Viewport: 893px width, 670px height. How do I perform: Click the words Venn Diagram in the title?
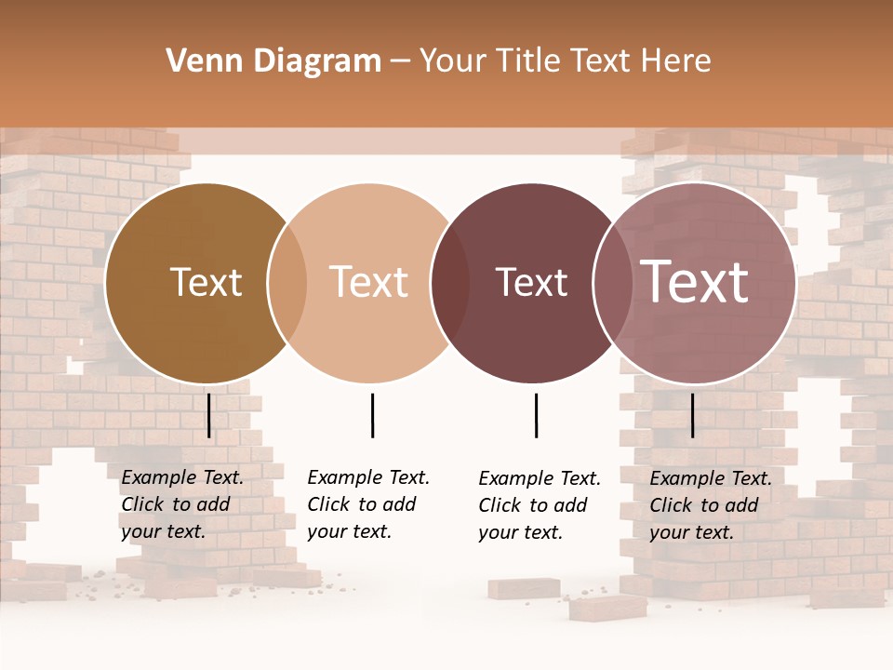tap(273, 61)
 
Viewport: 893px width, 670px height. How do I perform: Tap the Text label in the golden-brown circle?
tap(206, 283)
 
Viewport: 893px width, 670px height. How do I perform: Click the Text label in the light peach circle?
tap(368, 283)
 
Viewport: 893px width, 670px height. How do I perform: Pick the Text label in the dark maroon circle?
tap(531, 283)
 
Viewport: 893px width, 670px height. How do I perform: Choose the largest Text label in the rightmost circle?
tap(695, 283)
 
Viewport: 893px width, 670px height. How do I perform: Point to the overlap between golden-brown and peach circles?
tap(287, 284)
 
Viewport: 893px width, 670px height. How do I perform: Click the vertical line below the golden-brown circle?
tap(209, 415)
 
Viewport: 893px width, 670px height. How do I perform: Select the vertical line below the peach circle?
tap(372, 415)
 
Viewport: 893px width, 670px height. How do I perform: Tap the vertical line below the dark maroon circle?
tap(536, 415)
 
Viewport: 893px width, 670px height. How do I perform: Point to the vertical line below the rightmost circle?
tap(693, 415)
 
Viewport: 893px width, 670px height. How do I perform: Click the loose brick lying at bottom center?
tap(608, 608)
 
